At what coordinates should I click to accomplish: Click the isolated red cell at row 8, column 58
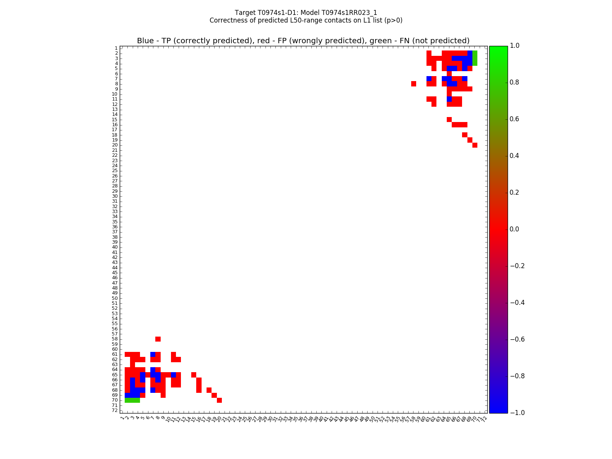413,84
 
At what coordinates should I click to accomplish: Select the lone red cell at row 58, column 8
158,339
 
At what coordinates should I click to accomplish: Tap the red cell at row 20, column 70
475,145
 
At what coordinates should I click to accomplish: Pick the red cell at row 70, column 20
219,400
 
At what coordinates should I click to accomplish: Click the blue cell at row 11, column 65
449,99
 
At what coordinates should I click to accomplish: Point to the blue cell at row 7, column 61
429,78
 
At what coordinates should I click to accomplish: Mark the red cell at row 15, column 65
449,119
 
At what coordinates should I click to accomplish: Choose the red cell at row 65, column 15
194,374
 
